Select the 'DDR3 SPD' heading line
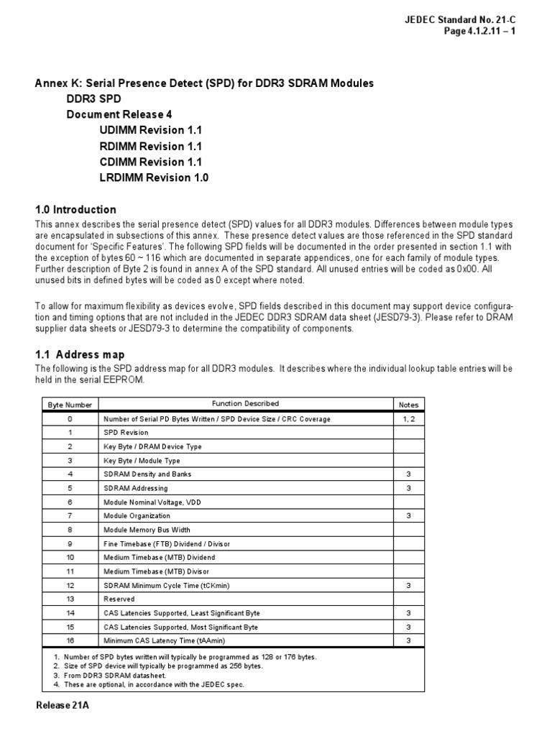click(94, 98)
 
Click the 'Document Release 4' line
click(119, 114)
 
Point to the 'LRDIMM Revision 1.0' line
click(155, 178)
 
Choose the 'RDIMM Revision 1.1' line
click(152, 146)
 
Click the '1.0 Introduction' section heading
click(75, 210)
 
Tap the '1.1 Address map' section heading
click(80, 354)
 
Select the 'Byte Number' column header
click(70, 405)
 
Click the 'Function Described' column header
click(245, 404)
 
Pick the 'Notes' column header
click(408, 405)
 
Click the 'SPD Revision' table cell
click(126, 433)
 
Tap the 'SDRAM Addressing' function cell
click(136, 488)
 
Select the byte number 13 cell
click(70, 599)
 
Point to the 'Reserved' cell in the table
click(119, 599)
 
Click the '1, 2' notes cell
click(408, 418)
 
